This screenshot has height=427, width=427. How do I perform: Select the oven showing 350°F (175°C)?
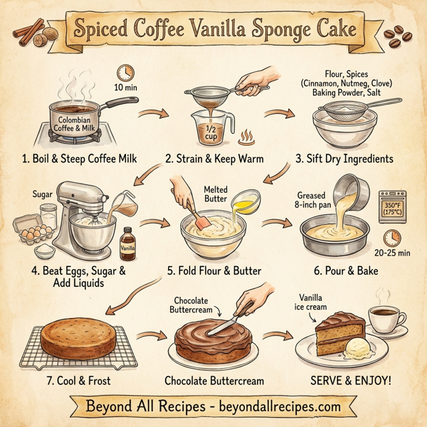click(x=394, y=207)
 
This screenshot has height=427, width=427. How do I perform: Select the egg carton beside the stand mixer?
click(x=37, y=229)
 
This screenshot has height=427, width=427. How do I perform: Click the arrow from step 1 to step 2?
click(x=153, y=113)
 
